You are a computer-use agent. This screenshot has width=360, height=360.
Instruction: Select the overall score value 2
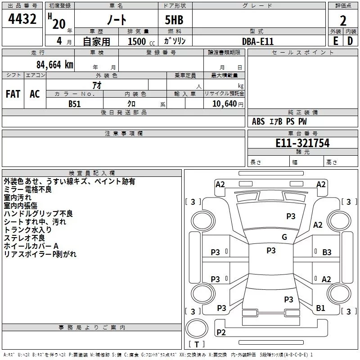pyautogui.click(x=343, y=21)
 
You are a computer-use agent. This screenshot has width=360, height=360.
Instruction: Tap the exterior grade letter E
pyautogui.click(x=336, y=41)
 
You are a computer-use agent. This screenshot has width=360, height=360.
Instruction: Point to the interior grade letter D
pyautogui.click(x=350, y=41)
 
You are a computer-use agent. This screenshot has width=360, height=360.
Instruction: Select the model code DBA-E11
pyautogui.click(x=257, y=41)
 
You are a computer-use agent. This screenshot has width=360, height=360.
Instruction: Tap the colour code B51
pyautogui.click(x=75, y=104)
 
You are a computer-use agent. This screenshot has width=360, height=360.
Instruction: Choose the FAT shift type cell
pyautogui.click(x=13, y=94)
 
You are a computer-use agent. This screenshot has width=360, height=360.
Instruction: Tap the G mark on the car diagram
pyautogui.click(x=284, y=237)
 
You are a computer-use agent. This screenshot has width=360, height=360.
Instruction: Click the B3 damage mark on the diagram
pyautogui.click(x=327, y=252)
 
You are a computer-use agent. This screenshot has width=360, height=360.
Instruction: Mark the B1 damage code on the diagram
pyautogui.click(x=320, y=308)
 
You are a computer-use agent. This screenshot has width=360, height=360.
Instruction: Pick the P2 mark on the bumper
pyautogui.click(x=221, y=333)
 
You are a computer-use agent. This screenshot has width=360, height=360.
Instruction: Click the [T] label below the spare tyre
pyautogui.click(x=196, y=345)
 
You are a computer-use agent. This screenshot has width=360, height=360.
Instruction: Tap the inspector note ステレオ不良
pyautogui.click(x=24, y=238)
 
